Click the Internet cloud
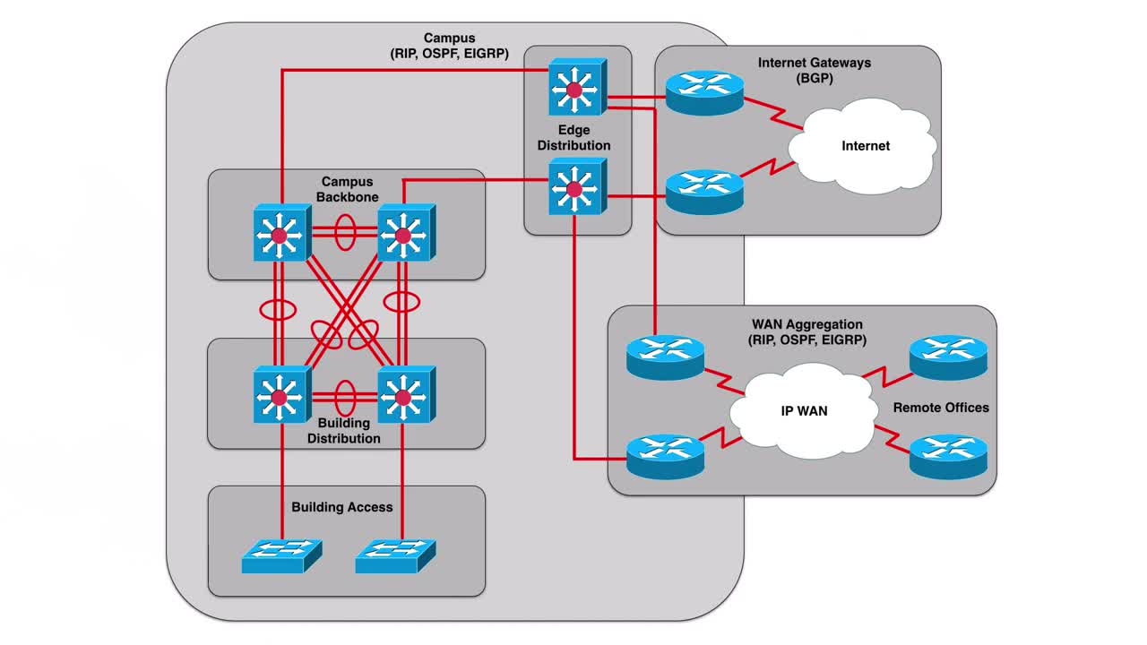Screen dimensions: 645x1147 (x=864, y=145)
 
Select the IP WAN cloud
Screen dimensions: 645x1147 (x=802, y=411)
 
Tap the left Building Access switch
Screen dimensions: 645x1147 (x=280, y=555)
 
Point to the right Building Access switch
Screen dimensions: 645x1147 (x=394, y=555)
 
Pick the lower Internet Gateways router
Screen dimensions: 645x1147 (x=704, y=191)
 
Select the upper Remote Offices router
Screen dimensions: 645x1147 (x=948, y=357)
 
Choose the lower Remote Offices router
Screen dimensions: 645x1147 (x=948, y=455)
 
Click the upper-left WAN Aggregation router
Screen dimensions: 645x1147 (x=665, y=357)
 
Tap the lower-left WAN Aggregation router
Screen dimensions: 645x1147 (x=665, y=455)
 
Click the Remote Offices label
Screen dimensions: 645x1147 (x=941, y=408)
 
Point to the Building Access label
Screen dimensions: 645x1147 (x=342, y=507)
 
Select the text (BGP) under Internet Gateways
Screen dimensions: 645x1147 (x=814, y=79)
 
